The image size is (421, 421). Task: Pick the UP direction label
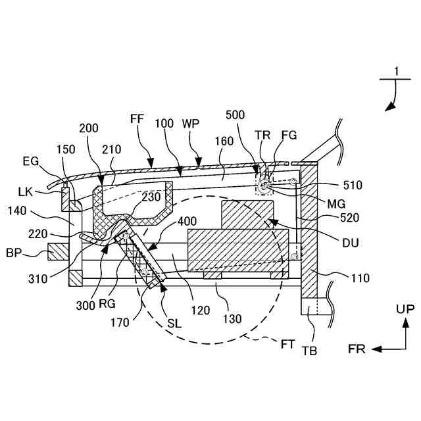pos(405,309)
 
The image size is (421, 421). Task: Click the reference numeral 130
pos(232,319)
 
